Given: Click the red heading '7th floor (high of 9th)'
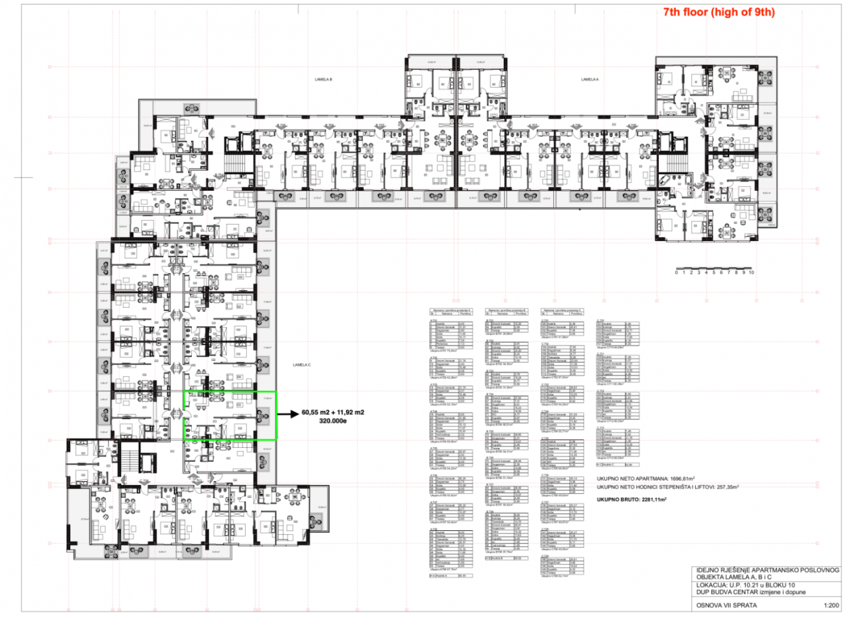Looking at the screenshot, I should [719, 12].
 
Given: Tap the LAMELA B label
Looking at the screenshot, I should [323, 79].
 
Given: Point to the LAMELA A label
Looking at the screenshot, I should [590, 79].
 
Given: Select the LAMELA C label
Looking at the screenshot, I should [301, 365].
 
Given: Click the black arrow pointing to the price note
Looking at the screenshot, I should [287, 415].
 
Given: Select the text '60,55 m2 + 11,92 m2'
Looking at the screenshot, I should [335, 412].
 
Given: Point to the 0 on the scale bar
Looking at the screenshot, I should [676, 272].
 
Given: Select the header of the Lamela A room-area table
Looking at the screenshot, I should [451, 310].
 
